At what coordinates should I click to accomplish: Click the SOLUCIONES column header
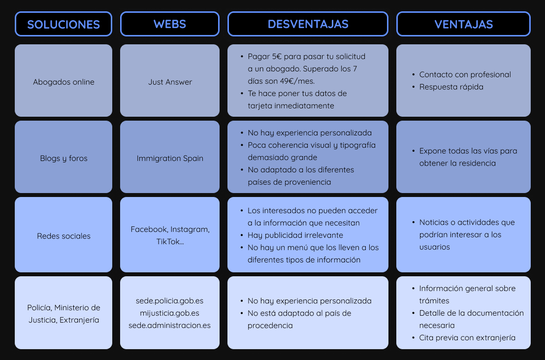click(64, 24)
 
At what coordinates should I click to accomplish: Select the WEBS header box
click(170, 24)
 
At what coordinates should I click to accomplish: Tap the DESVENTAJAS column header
click(308, 24)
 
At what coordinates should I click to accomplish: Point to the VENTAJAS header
click(463, 24)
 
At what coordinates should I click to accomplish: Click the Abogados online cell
click(64, 82)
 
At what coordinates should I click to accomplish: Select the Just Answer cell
click(170, 82)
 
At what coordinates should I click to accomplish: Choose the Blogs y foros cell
click(64, 158)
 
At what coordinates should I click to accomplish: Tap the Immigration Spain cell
click(170, 158)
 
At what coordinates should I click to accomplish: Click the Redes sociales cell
click(64, 236)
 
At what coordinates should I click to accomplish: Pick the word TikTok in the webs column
click(168, 242)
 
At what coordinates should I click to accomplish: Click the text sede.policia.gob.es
click(170, 300)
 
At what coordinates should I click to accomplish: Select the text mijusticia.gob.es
click(170, 313)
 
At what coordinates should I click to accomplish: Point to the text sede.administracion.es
click(170, 325)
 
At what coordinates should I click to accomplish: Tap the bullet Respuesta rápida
click(451, 87)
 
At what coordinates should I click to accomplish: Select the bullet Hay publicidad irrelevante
click(295, 235)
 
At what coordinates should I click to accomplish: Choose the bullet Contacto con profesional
click(465, 74)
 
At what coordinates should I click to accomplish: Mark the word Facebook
click(149, 229)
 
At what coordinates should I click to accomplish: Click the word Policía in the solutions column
click(38, 307)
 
